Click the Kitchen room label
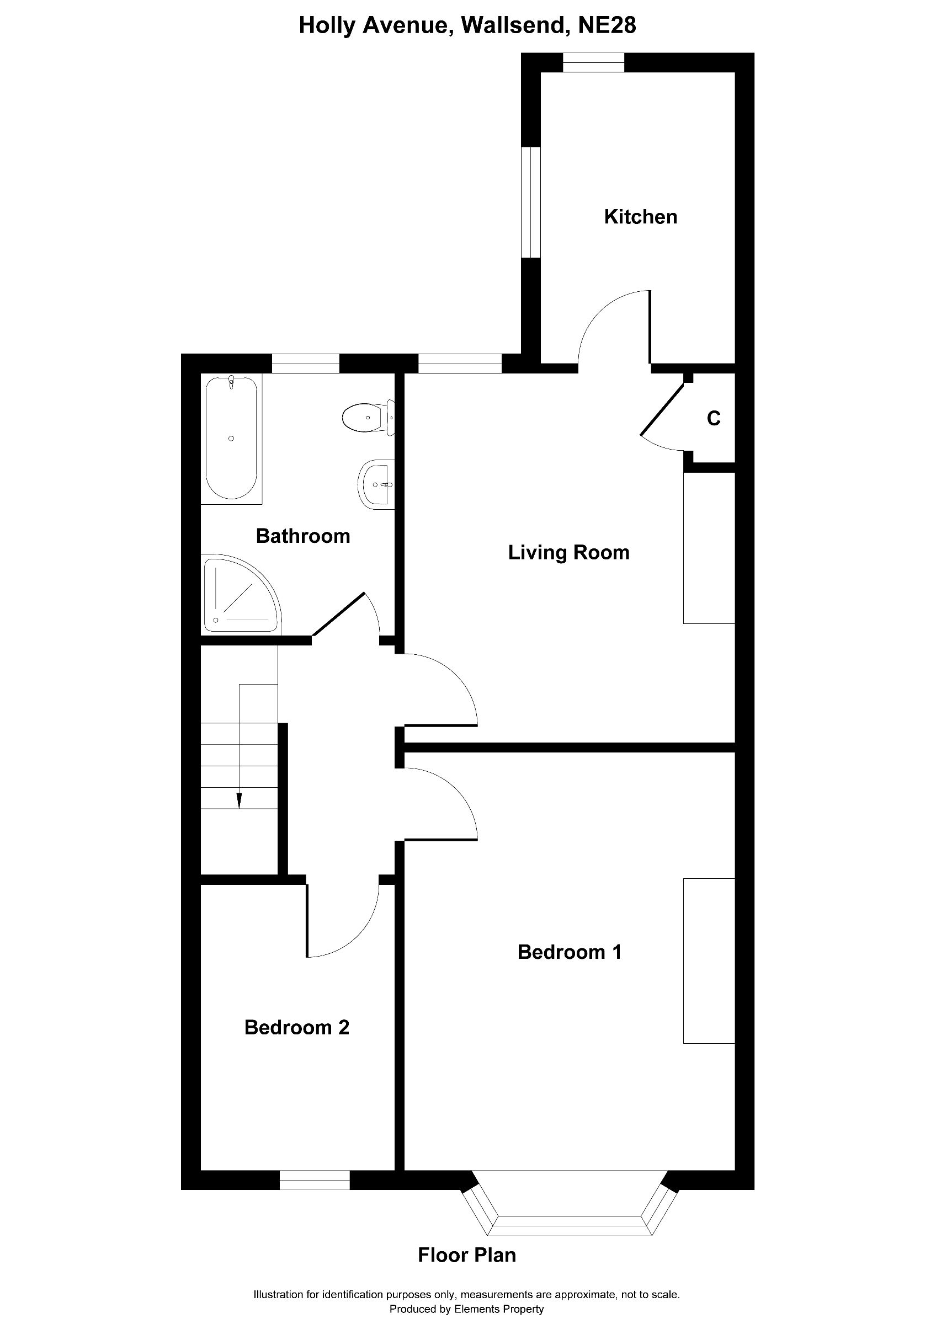[640, 217]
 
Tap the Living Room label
[568, 552]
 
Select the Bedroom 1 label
[569, 952]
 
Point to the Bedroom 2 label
[296, 1027]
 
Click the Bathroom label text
[303, 536]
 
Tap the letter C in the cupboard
[714, 418]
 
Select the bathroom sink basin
[376, 484]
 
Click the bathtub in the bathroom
[231, 438]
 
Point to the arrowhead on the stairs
[239, 800]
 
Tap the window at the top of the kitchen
[593, 62]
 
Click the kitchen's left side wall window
[530, 202]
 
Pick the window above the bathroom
[305, 364]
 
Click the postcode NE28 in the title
[607, 25]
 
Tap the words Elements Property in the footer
[499, 1309]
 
